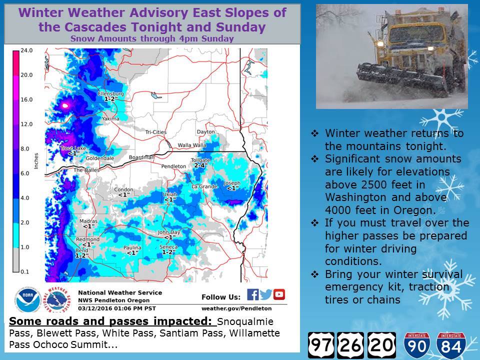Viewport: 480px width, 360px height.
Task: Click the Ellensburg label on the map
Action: (x=111, y=93)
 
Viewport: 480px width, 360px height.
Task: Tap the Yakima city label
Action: (x=110, y=118)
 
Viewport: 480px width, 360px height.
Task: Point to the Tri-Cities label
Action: (x=156, y=132)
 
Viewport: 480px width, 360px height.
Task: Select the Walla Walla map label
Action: (x=192, y=145)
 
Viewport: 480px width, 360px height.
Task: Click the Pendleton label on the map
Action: (x=173, y=166)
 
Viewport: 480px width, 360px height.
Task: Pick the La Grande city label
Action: (x=204, y=186)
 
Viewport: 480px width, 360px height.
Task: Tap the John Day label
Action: (x=169, y=232)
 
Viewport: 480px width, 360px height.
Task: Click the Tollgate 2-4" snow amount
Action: (x=201, y=165)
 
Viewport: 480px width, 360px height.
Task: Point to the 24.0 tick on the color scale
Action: (x=26, y=50)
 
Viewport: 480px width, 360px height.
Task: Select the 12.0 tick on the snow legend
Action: (x=26, y=124)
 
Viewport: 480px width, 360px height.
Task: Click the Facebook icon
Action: (x=253, y=294)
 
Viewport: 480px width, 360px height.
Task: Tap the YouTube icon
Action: (x=279, y=294)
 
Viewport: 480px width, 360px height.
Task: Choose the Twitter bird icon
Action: (x=265, y=294)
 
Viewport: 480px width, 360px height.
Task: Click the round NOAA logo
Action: (x=28, y=300)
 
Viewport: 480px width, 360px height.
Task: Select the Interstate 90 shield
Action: (x=417, y=345)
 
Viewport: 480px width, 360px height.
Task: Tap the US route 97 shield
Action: (x=321, y=345)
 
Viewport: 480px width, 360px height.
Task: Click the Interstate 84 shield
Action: (x=451, y=345)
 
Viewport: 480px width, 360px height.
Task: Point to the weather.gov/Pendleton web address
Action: (x=236, y=308)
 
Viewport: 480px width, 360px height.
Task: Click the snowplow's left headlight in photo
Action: (x=380, y=44)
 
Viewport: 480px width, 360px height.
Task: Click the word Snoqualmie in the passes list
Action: (x=245, y=321)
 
